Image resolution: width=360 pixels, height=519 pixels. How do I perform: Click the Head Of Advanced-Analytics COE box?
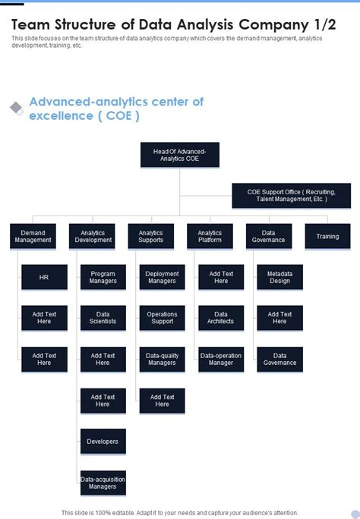(x=179, y=155)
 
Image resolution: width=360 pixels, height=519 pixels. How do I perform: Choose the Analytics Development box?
(x=92, y=236)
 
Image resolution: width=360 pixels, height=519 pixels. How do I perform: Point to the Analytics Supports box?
(x=150, y=236)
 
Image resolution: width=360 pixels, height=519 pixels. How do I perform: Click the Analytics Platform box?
(x=210, y=236)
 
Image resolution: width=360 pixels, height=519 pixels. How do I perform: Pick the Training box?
(x=327, y=236)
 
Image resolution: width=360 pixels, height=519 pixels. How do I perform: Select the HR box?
(x=44, y=277)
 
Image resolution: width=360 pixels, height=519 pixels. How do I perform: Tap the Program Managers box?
(x=103, y=277)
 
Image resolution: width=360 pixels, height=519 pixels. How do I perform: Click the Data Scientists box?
(x=103, y=318)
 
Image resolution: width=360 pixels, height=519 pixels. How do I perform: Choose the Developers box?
(x=103, y=441)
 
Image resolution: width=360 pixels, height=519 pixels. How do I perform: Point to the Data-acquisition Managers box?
(x=103, y=482)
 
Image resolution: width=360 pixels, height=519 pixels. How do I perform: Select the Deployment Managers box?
(x=162, y=277)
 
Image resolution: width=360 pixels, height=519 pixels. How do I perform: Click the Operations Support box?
(x=162, y=318)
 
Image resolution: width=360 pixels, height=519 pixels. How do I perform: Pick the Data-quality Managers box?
(x=162, y=359)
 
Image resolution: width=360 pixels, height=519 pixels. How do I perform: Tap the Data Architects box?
(x=221, y=318)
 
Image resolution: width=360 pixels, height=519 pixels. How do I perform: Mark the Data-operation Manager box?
(x=221, y=359)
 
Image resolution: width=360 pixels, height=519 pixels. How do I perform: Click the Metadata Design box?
(x=279, y=277)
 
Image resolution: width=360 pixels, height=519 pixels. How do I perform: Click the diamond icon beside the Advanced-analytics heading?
(x=16, y=109)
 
